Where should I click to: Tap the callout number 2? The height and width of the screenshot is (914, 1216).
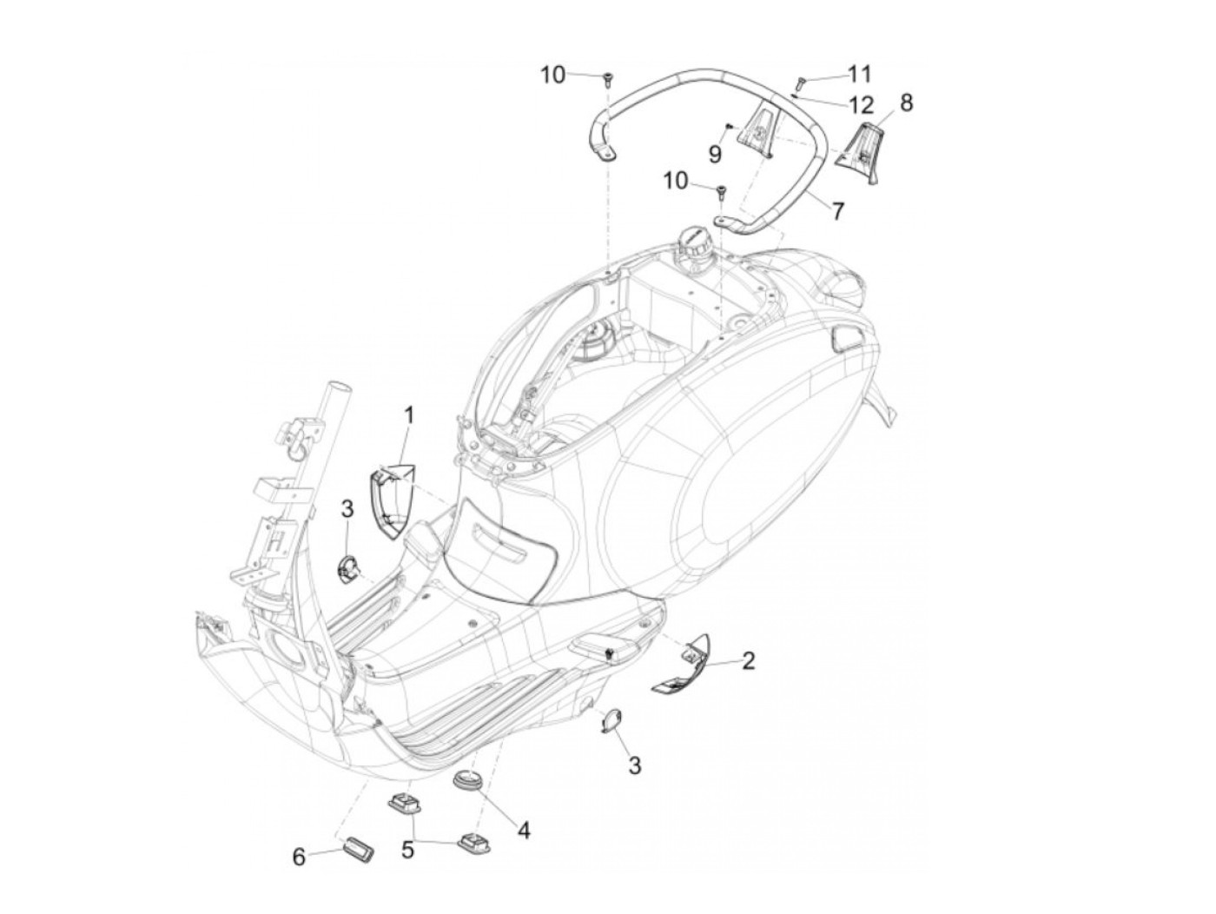[748, 661]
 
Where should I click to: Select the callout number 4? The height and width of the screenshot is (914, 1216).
[523, 831]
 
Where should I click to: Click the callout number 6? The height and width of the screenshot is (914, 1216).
[299, 857]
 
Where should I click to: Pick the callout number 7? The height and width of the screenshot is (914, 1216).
[837, 210]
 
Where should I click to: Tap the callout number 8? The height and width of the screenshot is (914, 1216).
[906, 103]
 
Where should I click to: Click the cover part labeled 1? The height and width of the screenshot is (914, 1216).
[392, 500]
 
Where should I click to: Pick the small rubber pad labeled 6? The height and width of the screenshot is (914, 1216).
[358, 848]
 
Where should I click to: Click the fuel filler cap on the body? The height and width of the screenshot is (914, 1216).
[695, 237]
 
